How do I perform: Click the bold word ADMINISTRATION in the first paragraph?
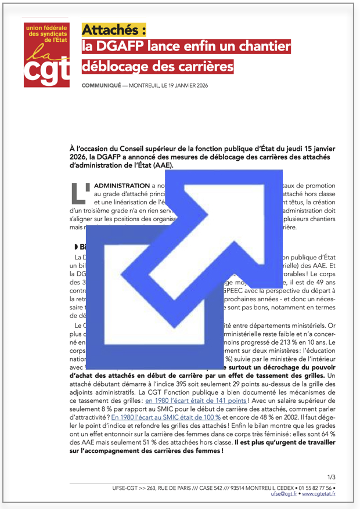(x=117, y=185)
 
